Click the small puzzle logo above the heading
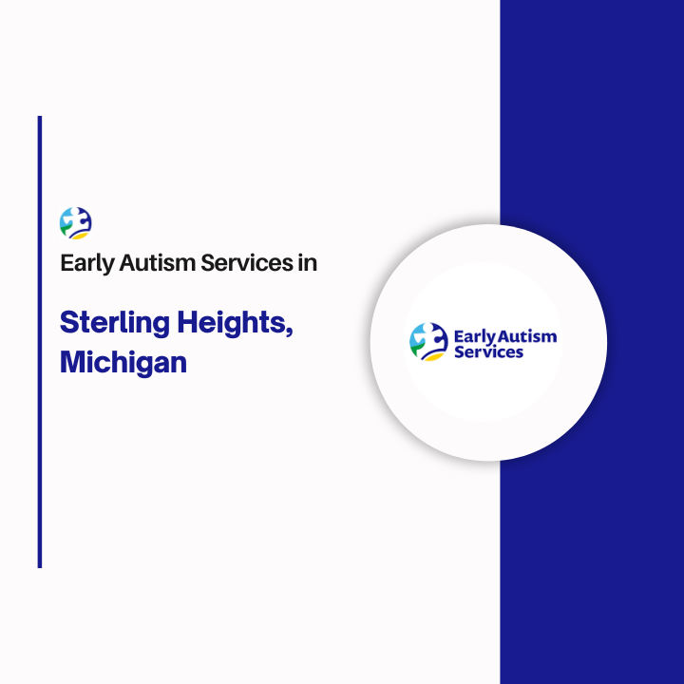coord(75,223)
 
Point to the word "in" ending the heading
coord(307,263)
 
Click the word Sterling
coord(114,324)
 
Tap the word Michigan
coord(123,364)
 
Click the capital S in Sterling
coord(69,323)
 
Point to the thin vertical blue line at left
coord(40,342)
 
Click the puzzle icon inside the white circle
coord(428,342)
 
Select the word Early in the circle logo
coord(475,336)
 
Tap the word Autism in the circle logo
coord(527,336)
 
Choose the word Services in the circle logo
coord(489,352)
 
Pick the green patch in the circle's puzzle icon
coord(415,348)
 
